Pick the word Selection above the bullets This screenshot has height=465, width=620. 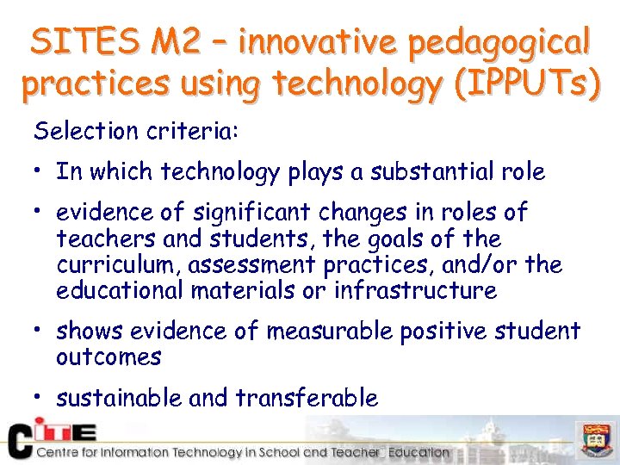pos(77,132)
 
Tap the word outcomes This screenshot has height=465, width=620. pos(108,356)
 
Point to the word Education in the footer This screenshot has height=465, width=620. pos(418,452)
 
